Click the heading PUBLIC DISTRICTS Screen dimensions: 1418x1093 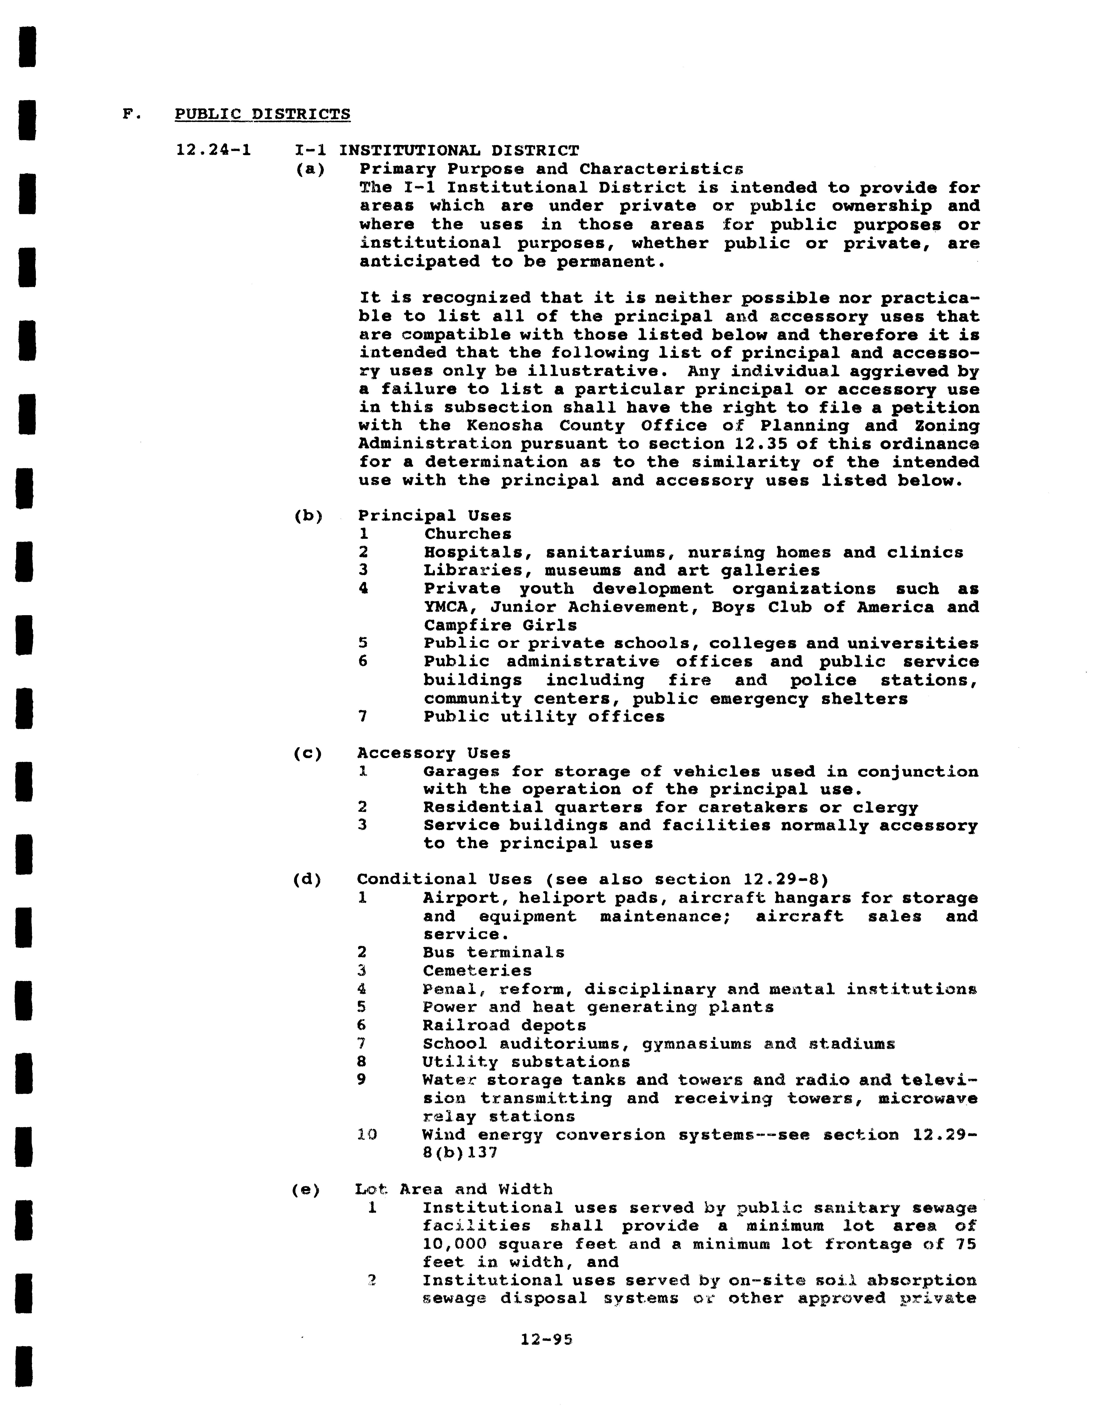pyautogui.click(x=262, y=114)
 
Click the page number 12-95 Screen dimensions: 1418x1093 pyautogui.click(x=546, y=1339)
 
